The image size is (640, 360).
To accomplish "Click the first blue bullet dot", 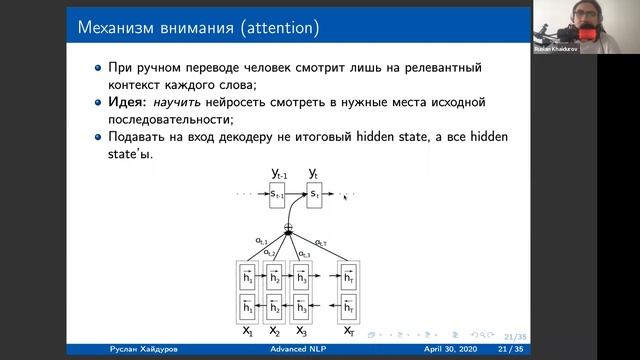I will click(x=98, y=67).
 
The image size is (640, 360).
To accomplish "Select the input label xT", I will click(x=349, y=331).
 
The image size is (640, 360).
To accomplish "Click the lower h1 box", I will click(x=246, y=308).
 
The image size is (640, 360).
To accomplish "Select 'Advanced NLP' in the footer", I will click(x=300, y=350).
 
